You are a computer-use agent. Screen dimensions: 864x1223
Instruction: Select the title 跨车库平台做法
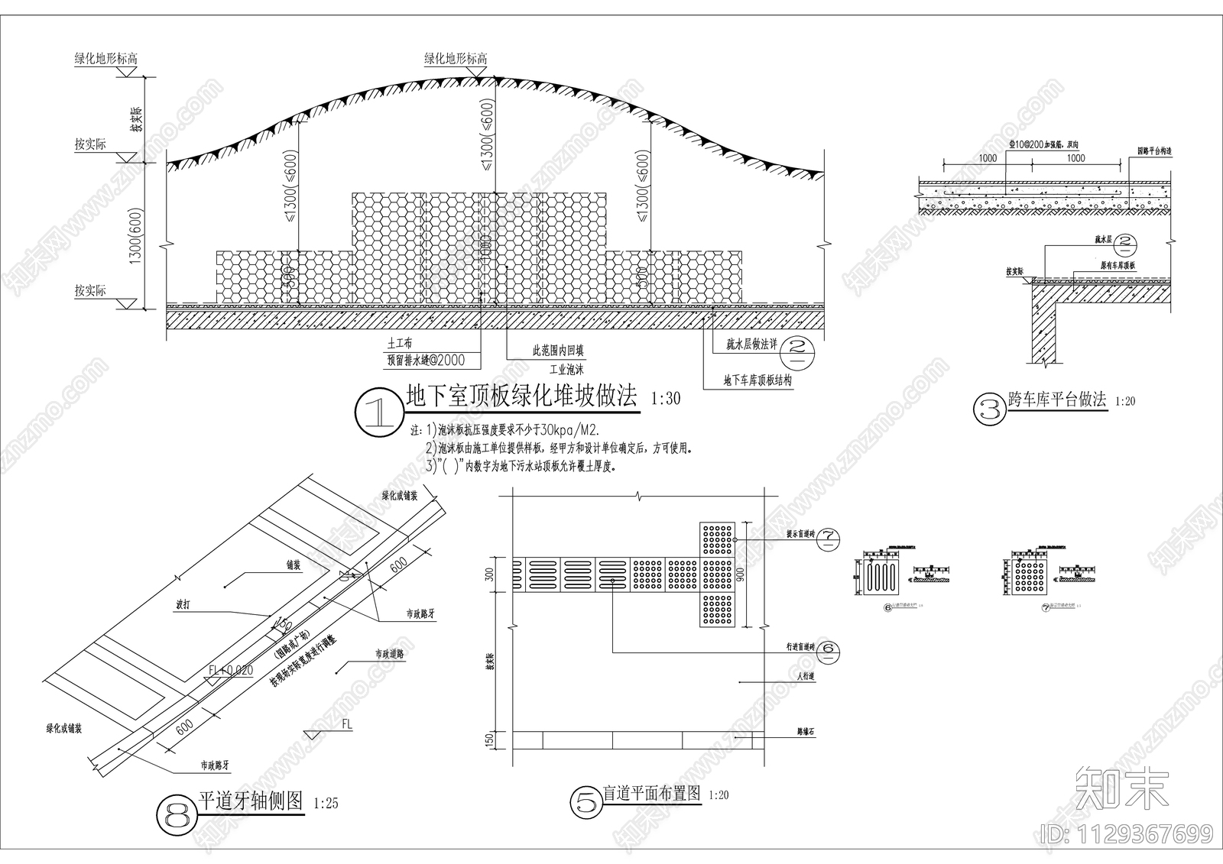pyautogui.click(x=1057, y=399)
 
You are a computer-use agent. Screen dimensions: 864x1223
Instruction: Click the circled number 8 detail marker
pyautogui.click(x=177, y=817)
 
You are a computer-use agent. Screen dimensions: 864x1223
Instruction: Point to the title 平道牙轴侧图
pyautogui.click(x=251, y=801)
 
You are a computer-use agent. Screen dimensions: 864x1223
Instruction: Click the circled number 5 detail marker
pyautogui.click(x=586, y=802)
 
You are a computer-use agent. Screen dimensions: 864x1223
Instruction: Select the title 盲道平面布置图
pyautogui.click(x=651, y=794)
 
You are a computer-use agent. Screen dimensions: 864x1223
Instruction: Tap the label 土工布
pyautogui.click(x=401, y=345)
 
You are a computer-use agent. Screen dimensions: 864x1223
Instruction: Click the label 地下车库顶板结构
pyautogui.click(x=757, y=380)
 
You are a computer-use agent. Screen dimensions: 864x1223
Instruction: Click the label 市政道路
pyautogui.click(x=389, y=654)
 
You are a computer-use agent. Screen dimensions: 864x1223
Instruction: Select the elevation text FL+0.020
pyautogui.click(x=229, y=670)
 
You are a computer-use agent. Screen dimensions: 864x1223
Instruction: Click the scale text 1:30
pyautogui.click(x=665, y=399)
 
